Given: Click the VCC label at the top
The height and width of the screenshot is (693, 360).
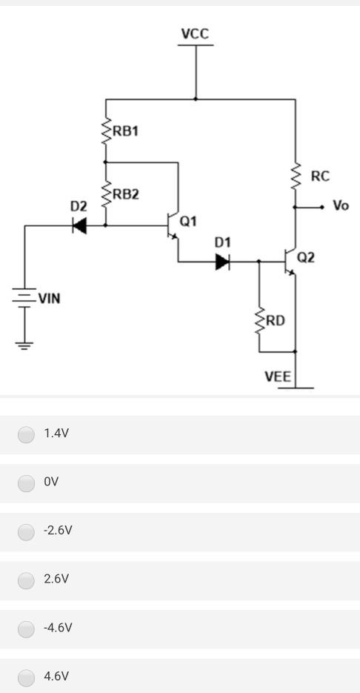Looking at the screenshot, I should (x=195, y=34).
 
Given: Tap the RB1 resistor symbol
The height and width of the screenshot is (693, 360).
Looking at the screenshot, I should (x=106, y=130).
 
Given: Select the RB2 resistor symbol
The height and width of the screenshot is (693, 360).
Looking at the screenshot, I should (x=106, y=194).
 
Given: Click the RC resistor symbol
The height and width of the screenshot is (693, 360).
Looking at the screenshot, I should (x=295, y=176).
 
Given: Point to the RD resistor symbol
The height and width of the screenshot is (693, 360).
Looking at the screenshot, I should (x=259, y=321).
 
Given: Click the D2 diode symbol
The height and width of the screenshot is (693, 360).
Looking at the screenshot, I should (x=79, y=225).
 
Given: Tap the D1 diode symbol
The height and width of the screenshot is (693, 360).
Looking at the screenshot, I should (x=222, y=262).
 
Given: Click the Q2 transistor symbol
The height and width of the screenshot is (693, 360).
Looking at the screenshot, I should (x=290, y=262).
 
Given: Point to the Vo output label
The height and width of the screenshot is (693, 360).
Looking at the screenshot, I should (x=340, y=206).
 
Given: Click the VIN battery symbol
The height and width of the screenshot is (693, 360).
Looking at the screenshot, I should (x=24, y=298).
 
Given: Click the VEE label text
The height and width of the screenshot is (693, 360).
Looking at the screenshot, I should (x=278, y=377).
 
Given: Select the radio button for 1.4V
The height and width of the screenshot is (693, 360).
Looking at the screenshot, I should (x=26, y=434).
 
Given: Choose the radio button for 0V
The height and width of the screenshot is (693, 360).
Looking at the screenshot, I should (x=26, y=483).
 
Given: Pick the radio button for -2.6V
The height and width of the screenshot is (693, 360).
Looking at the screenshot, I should (x=26, y=531).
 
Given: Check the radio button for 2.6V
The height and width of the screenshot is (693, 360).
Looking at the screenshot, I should (x=26, y=580).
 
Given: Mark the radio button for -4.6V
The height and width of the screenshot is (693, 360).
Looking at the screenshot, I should (x=26, y=629).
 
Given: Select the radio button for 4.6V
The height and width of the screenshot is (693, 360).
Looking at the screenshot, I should (x=26, y=677).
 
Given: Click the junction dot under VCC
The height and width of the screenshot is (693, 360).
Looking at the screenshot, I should (x=196, y=99).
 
